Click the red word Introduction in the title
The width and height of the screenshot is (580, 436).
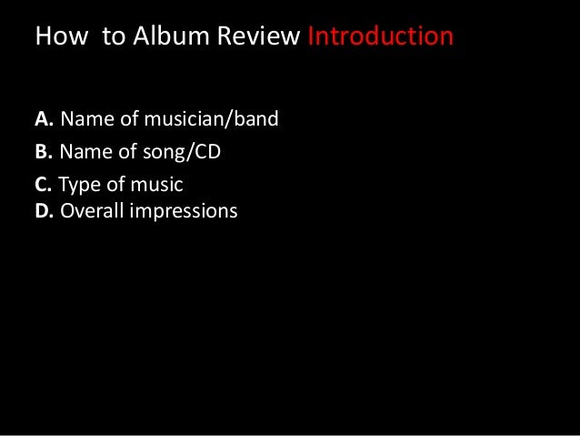pos(380,38)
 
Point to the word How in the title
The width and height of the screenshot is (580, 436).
pos(58,38)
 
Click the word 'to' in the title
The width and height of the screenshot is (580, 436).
pos(103,38)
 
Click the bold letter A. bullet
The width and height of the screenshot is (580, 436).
pos(45,119)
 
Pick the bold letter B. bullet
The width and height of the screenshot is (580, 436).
pos(45,152)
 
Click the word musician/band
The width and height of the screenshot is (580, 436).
pos(207,119)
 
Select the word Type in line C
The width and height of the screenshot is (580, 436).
pos(79,185)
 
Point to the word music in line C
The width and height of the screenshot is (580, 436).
pos(155,185)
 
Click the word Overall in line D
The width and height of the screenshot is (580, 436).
pos(92,211)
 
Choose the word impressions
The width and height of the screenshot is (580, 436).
pos(183,211)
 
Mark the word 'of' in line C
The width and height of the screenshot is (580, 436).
pos(115,185)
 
